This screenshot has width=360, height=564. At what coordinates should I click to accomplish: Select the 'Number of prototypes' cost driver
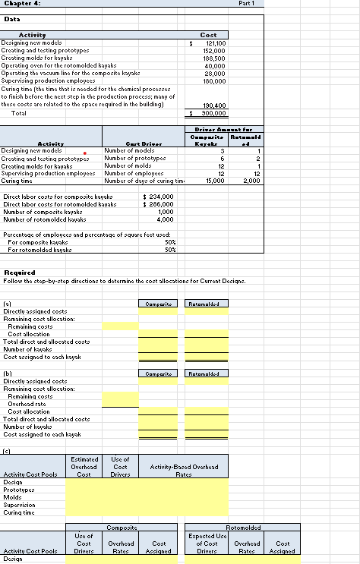coord(134,159)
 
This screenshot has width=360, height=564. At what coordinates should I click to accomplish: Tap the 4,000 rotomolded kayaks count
coord(166,219)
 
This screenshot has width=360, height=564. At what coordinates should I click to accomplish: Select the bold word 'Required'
coord(21,271)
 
